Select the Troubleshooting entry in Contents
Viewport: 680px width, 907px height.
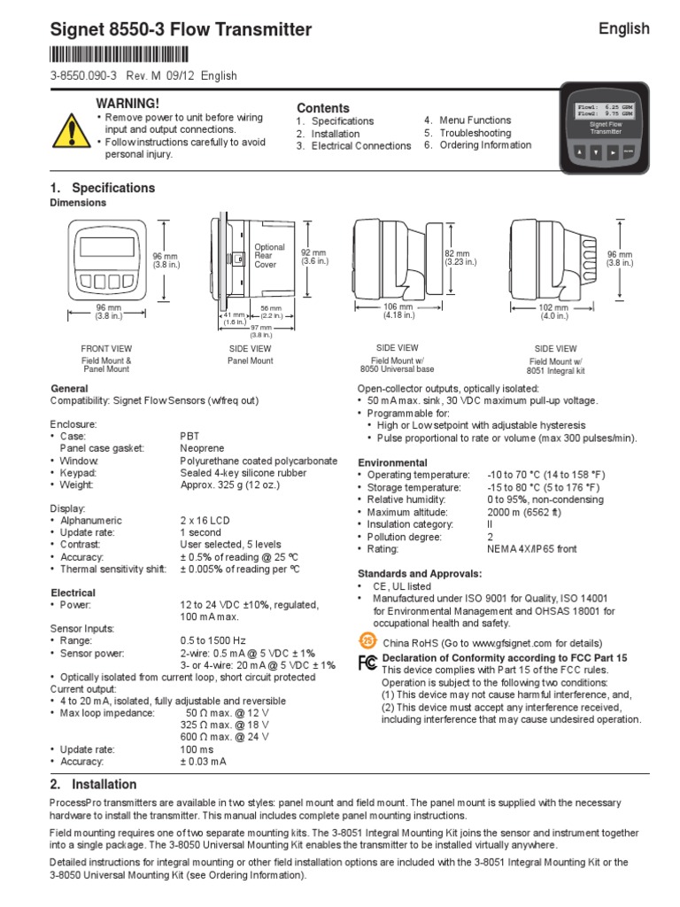click(475, 133)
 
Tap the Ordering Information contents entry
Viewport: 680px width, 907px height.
click(485, 145)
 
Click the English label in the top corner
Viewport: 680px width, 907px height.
click(623, 29)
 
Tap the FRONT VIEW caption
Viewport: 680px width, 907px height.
click(106, 349)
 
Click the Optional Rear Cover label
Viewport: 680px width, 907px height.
click(269, 255)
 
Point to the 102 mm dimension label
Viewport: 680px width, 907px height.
click(553, 307)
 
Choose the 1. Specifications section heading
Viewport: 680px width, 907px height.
click(103, 188)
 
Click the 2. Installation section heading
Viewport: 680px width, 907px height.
click(94, 784)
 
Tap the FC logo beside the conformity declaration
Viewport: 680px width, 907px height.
click(367, 663)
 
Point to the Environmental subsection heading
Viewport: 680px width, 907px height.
click(392, 462)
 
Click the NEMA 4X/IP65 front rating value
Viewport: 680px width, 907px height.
click(531, 549)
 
